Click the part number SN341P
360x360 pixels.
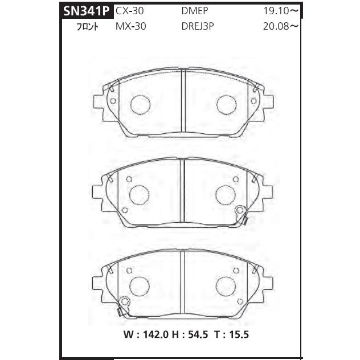(86, 11)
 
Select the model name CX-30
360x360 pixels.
(129, 11)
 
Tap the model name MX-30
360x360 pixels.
(130, 26)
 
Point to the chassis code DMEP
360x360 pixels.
(195, 11)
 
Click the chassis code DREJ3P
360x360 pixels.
(198, 26)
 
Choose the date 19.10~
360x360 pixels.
(281, 11)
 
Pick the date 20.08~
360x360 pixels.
(281, 26)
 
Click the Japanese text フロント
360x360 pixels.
(87, 27)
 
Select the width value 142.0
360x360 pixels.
(156, 334)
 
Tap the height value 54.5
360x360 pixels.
(198, 334)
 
